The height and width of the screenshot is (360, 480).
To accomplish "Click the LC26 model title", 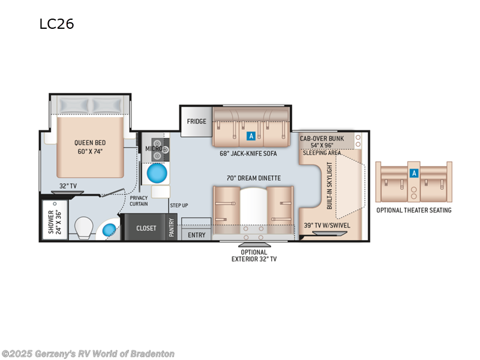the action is (56, 24).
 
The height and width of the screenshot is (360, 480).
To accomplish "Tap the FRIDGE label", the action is (197, 122).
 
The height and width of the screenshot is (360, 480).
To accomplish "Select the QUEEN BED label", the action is (90, 143).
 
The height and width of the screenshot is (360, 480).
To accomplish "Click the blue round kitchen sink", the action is (157, 173).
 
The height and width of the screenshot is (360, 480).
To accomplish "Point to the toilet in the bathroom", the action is (84, 228).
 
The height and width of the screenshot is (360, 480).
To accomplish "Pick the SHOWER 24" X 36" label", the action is (55, 221).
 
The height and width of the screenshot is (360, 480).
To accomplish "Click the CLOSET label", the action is (146, 229).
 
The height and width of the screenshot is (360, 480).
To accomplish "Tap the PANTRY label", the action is (172, 227).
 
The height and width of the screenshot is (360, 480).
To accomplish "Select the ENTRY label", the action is (197, 235).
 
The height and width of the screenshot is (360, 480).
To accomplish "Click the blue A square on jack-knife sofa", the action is (251, 136).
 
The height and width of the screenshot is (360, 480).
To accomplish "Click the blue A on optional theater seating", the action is (414, 173).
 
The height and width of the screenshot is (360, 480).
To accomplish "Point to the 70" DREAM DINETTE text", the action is (254, 178).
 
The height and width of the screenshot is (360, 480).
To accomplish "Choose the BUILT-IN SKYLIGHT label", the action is (329, 185).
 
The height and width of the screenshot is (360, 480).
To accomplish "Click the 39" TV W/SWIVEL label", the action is (327, 226).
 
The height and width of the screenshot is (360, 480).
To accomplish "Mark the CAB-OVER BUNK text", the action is (322, 139).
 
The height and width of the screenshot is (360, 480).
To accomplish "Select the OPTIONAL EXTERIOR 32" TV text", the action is (254, 256).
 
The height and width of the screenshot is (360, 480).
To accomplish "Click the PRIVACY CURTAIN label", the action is (139, 201).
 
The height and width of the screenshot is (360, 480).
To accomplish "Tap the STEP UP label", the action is (179, 205).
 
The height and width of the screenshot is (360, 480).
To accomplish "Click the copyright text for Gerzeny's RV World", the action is (88, 353).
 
